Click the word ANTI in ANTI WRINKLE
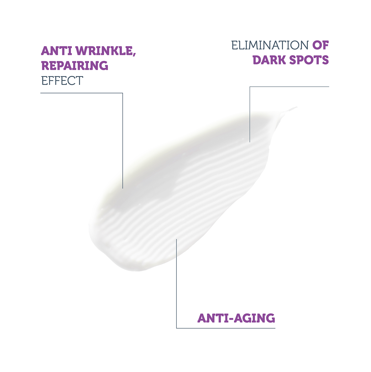click(x=57, y=51)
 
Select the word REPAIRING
click(x=75, y=66)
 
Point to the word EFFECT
click(x=62, y=81)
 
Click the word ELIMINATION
click(x=270, y=45)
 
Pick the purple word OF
click(x=321, y=45)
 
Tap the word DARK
click(x=269, y=60)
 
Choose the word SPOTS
click(x=309, y=60)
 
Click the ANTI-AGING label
click(x=236, y=318)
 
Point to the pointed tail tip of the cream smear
click(x=297, y=107)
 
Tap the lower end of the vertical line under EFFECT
click(x=123, y=188)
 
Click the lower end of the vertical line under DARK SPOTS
click(x=250, y=142)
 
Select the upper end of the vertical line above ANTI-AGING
click(x=176, y=239)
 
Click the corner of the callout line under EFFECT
click(x=123, y=93)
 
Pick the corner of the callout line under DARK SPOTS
click(x=250, y=87)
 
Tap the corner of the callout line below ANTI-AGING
click(x=176, y=328)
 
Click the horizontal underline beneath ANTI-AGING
click(x=226, y=328)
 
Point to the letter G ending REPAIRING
click(x=103, y=66)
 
